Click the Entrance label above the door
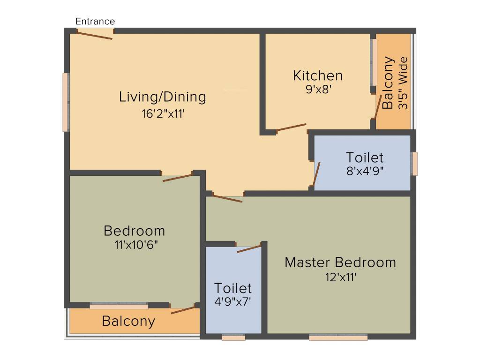[95, 22]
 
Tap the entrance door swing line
[95, 35]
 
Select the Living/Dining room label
[162, 97]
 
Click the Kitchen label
[318, 75]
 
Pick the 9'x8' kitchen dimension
[319, 89]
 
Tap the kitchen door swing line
[291, 127]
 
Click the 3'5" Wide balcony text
[403, 83]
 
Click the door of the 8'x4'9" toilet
[316, 174]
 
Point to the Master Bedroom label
[340, 262]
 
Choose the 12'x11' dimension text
[341, 277]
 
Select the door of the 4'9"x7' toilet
[249, 248]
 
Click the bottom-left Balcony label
[128, 322]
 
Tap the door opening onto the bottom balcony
[183, 310]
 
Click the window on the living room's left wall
[66, 102]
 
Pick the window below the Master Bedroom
[338, 337]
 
